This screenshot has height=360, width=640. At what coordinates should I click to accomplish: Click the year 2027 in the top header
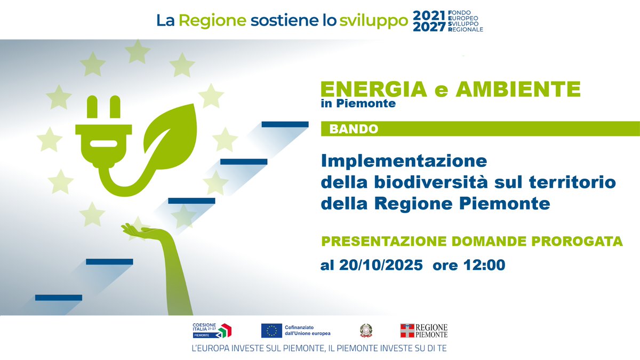429,27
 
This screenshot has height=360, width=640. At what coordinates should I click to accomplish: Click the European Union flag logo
271,331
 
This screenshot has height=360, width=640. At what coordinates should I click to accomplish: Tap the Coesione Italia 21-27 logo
212,331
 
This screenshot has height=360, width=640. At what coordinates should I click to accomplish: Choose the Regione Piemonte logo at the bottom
424,331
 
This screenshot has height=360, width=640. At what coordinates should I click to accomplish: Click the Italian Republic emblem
366,331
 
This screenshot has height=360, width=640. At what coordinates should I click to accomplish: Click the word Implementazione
404,160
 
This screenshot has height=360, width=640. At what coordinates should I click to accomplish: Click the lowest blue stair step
59,297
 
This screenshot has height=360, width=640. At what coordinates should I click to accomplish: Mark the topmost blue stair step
285,124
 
